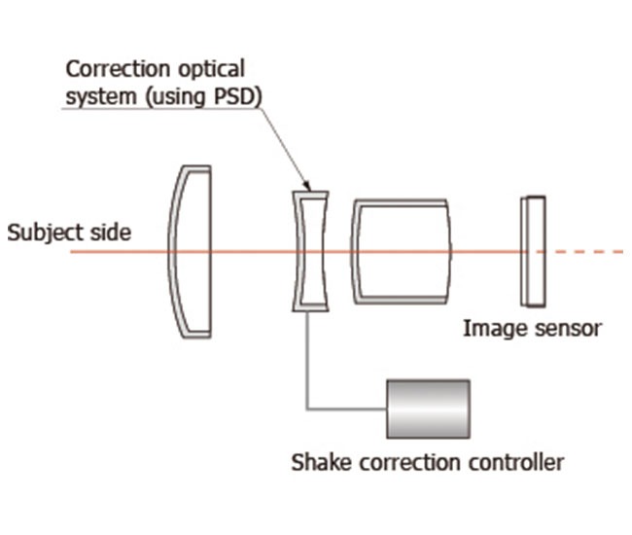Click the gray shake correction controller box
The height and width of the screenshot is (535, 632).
428,409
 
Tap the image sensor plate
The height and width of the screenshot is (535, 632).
533,251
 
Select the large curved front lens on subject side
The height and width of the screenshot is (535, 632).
191,251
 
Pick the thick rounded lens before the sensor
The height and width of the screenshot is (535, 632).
402,250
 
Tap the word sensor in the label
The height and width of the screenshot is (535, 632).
565,329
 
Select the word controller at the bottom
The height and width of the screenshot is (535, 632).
514,461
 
